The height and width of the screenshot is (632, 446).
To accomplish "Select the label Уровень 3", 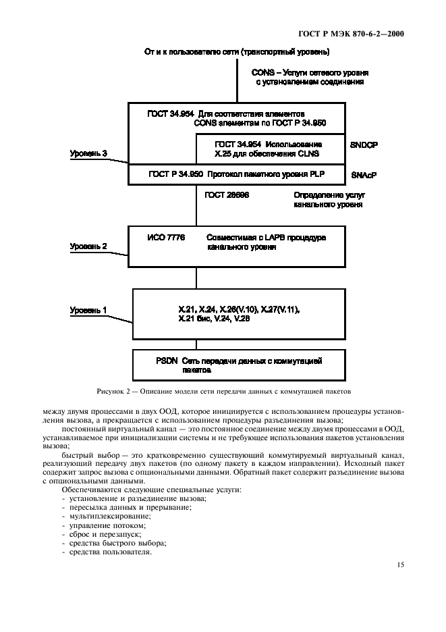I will click(88, 154).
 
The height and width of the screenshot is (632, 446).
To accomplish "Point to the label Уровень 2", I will click(88, 246).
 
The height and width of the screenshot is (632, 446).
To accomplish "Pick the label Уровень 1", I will click(88, 310).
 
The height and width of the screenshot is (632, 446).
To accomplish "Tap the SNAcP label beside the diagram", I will click(364, 174).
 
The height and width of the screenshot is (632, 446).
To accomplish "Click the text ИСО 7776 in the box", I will click(166, 238).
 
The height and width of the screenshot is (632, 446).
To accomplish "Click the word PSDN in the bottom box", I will click(165, 361).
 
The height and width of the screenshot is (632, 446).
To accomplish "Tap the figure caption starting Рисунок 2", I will click(223, 391).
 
